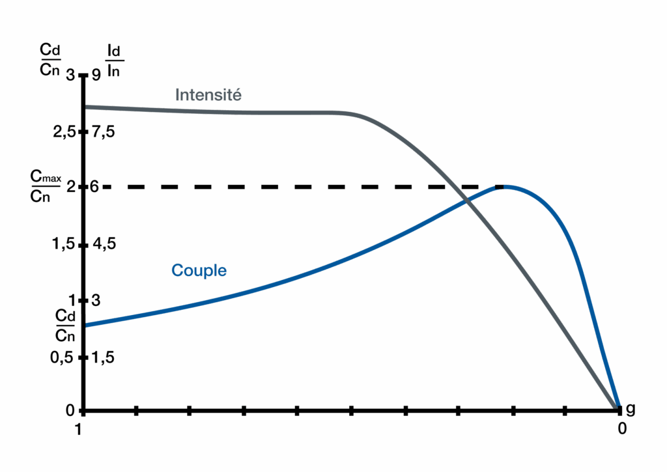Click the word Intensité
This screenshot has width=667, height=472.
click(x=208, y=94)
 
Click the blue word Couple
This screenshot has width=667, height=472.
click(x=199, y=270)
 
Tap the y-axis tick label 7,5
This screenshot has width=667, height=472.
click(x=104, y=132)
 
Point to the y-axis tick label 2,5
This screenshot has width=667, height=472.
click(x=64, y=132)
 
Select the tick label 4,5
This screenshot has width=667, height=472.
click(x=104, y=243)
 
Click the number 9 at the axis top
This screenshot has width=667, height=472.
click(x=96, y=76)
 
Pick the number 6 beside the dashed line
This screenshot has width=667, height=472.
click(x=94, y=187)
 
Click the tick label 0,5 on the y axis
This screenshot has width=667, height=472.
click(x=62, y=357)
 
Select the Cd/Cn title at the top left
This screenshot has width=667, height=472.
click(x=50, y=59)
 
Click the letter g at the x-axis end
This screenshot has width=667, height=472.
click(x=631, y=410)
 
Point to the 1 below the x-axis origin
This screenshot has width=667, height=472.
click(x=78, y=430)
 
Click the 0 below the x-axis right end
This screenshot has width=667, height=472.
click(x=622, y=428)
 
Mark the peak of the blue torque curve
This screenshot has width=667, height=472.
click(x=505, y=187)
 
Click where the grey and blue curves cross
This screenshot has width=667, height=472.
click(x=466, y=201)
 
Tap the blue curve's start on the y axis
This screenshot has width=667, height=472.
click(x=85, y=326)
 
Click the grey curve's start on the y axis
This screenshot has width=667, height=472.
click(x=85, y=106)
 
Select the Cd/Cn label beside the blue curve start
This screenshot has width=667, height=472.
click(x=65, y=326)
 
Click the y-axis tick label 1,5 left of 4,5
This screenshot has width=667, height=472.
click(x=63, y=244)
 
